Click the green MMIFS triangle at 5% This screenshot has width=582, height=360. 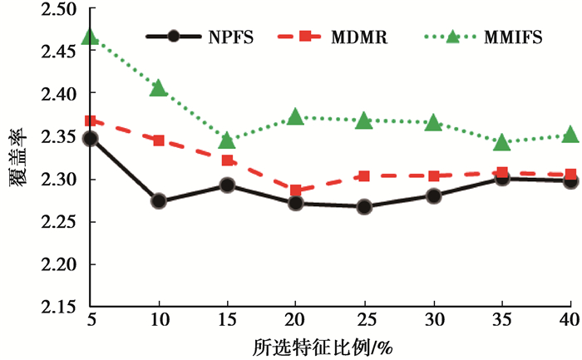click(91, 37)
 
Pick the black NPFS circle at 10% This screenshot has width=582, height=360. click(159, 200)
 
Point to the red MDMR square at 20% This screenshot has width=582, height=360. click(297, 190)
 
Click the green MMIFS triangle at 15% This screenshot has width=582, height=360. click(227, 141)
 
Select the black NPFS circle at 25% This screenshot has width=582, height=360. click(364, 206)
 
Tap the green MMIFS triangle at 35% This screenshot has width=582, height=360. click(501, 142)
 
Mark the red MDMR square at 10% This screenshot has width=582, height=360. click(159, 141)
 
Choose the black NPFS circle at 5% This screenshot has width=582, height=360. click(91, 138)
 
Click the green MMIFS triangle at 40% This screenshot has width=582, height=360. click(570, 135)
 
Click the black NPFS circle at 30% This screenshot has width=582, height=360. click(433, 196)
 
